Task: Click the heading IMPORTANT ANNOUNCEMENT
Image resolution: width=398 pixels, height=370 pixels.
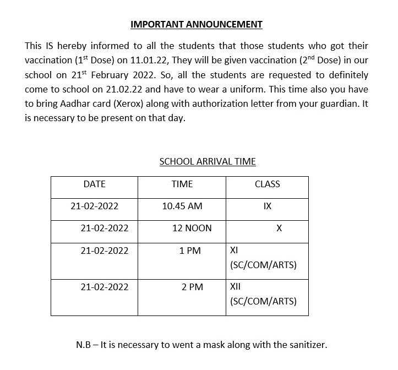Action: click(197, 24)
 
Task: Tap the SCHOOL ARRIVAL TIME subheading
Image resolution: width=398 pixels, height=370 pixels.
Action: click(208, 162)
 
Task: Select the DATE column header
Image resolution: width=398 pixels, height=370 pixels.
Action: click(94, 184)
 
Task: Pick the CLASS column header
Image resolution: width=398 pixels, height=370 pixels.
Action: click(267, 184)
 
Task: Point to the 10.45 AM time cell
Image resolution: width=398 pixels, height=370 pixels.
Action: click(182, 206)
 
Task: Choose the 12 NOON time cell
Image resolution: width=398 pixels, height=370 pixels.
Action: click(192, 228)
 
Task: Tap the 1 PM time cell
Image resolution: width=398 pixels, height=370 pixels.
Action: click(190, 251)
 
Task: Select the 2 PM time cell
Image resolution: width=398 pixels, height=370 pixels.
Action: click(192, 287)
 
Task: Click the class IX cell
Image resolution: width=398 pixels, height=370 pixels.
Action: click(267, 206)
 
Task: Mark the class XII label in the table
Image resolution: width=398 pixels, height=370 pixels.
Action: click(235, 287)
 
